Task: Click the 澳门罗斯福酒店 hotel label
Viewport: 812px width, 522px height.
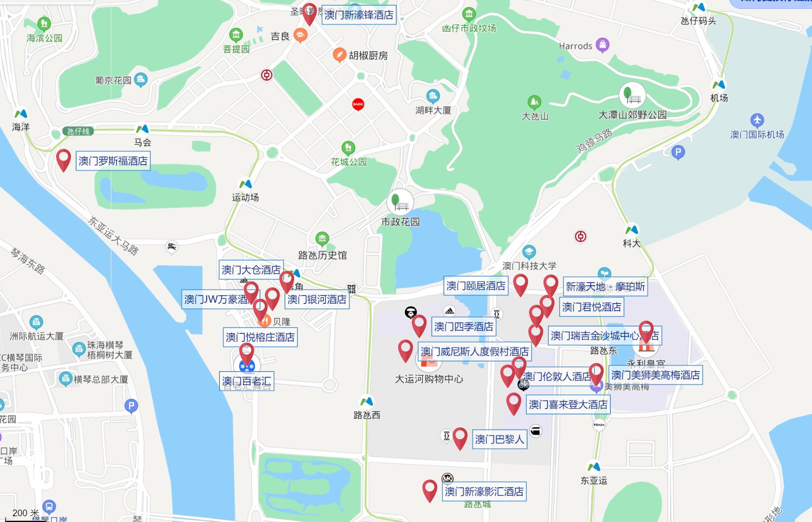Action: point(113,161)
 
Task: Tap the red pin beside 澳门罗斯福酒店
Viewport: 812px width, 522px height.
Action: point(64,159)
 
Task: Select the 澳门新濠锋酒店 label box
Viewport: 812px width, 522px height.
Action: point(359,15)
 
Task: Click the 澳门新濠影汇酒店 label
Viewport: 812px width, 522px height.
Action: point(484,491)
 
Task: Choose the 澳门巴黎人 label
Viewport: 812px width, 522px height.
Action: point(499,439)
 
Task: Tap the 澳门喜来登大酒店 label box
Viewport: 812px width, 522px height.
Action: point(568,405)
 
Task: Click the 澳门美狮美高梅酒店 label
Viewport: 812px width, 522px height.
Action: point(655,375)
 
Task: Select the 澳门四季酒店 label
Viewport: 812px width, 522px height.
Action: point(463,327)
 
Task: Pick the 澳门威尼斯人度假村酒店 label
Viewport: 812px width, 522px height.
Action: point(475,352)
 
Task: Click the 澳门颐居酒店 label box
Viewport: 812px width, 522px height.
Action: point(476,286)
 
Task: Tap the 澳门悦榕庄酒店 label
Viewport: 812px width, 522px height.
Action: point(260,337)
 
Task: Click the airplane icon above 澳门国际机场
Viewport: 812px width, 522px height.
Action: point(757,120)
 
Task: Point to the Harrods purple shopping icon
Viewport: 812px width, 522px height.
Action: point(602,45)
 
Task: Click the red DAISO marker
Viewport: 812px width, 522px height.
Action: point(358,104)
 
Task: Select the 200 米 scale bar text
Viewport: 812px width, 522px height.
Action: point(26,513)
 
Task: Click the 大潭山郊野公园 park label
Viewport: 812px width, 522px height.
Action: point(632,115)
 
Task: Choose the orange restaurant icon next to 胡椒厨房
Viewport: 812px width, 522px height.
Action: point(339,55)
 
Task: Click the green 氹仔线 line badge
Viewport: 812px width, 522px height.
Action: point(78,131)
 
